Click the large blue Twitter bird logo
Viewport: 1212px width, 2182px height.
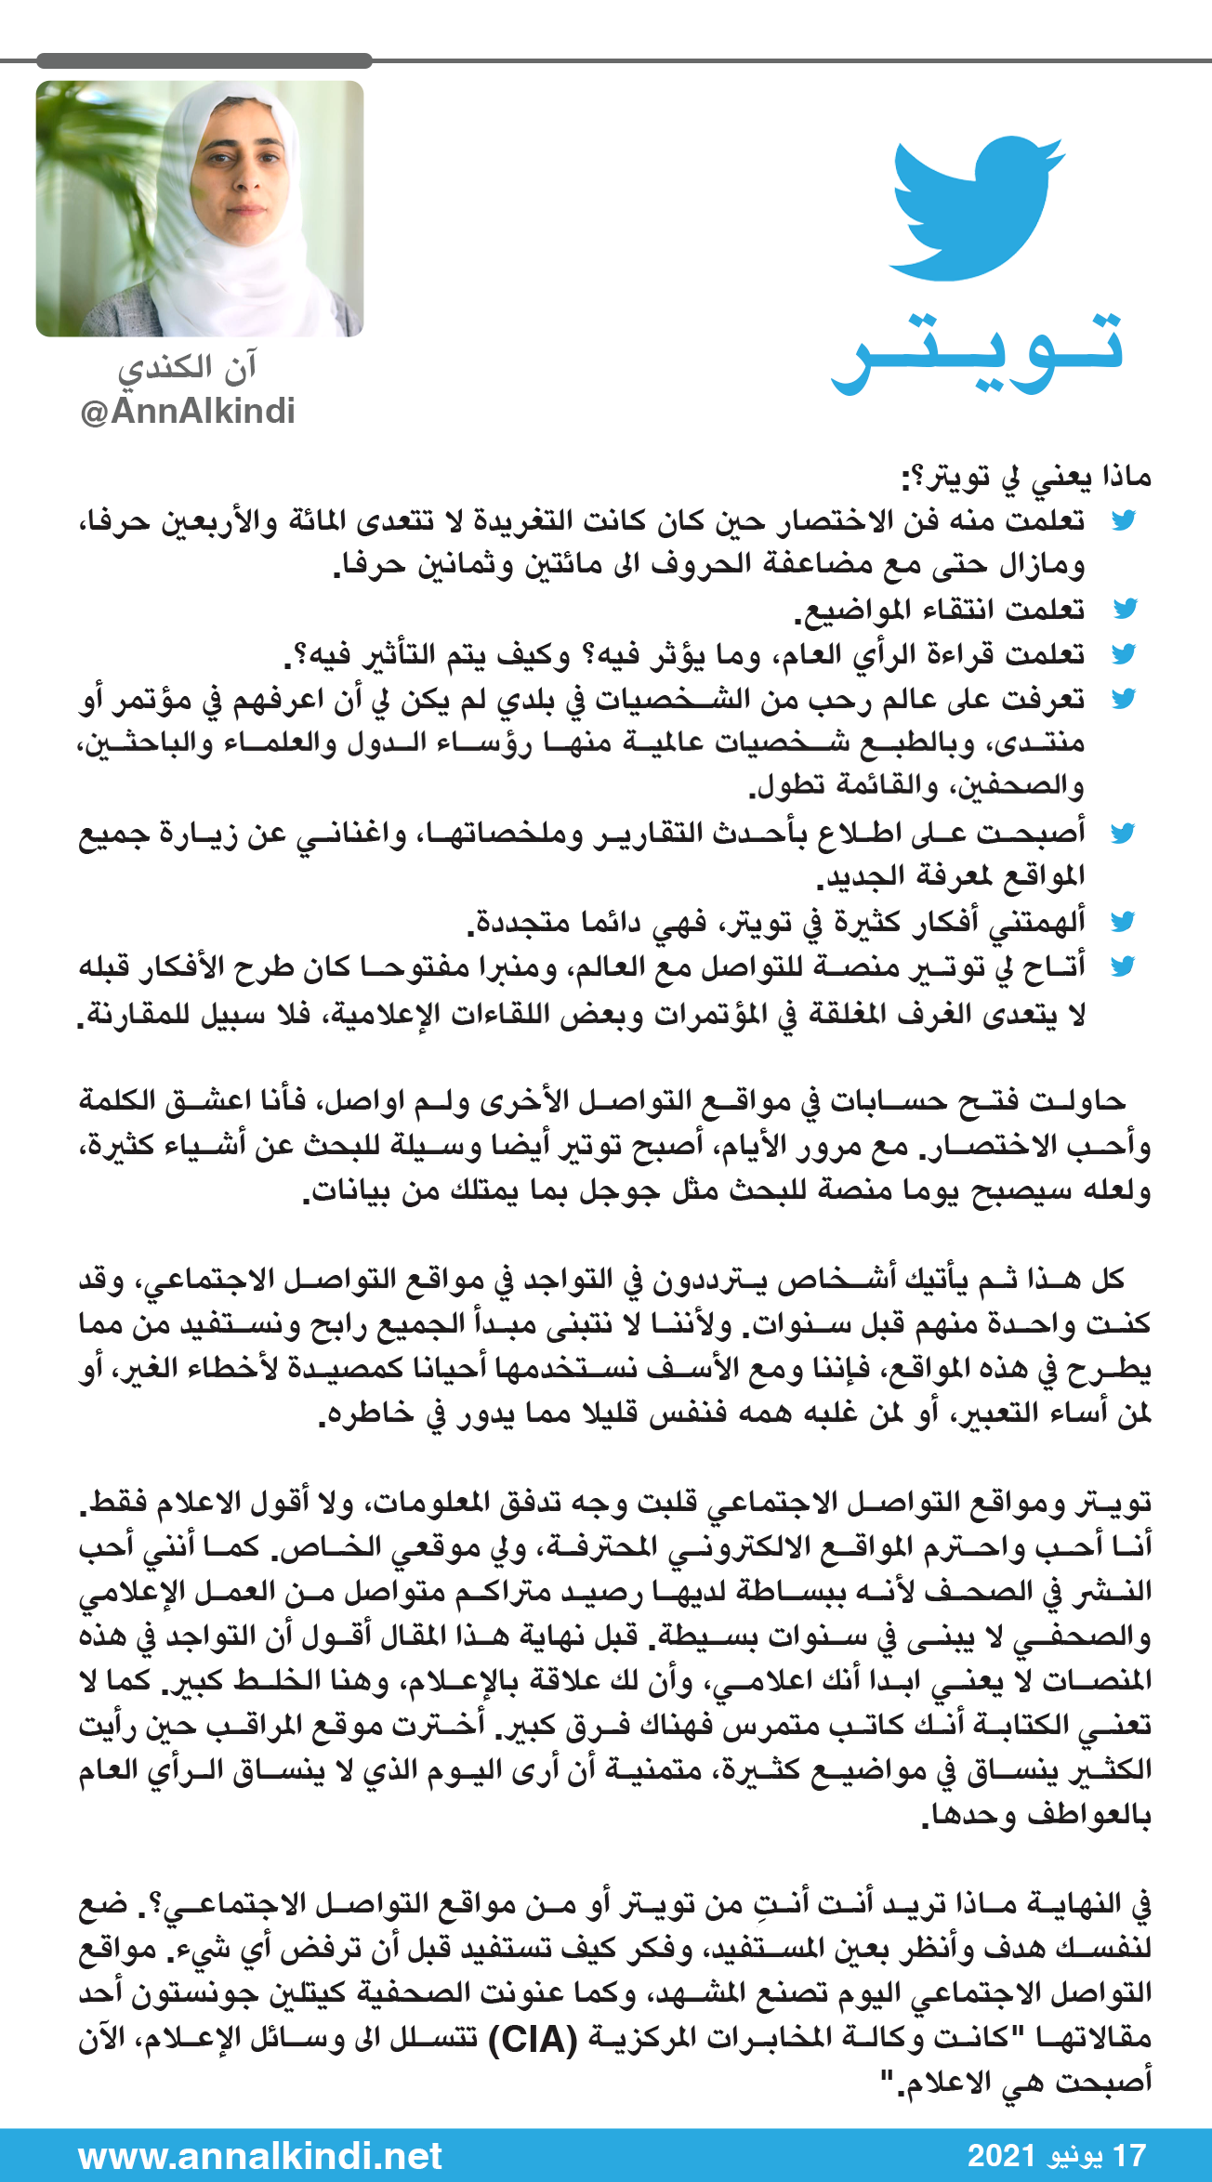tap(976, 209)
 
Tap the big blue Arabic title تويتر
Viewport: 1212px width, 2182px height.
tap(978, 353)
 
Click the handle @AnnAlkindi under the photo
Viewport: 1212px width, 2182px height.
tap(188, 411)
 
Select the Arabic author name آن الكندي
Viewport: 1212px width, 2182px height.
tap(187, 368)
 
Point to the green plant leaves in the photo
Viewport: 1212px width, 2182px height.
tap(84, 149)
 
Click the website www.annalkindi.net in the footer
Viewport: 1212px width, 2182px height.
tap(260, 2155)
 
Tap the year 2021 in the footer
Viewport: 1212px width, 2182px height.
tap(1001, 2155)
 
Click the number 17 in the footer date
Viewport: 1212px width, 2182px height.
tap(1129, 2155)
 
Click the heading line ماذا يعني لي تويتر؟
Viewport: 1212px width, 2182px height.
tap(1027, 478)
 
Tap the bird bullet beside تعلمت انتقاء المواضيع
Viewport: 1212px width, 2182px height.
tap(1125, 609)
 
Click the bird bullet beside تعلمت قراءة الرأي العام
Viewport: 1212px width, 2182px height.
tap(1125, 654)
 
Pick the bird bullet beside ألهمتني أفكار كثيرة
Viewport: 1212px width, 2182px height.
tap(1125, 921)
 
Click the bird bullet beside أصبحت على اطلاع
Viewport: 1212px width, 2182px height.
tap(1125, 833)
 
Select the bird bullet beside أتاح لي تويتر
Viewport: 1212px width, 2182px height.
tap(1125, 966)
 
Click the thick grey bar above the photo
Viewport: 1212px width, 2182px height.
tap(204, 61)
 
